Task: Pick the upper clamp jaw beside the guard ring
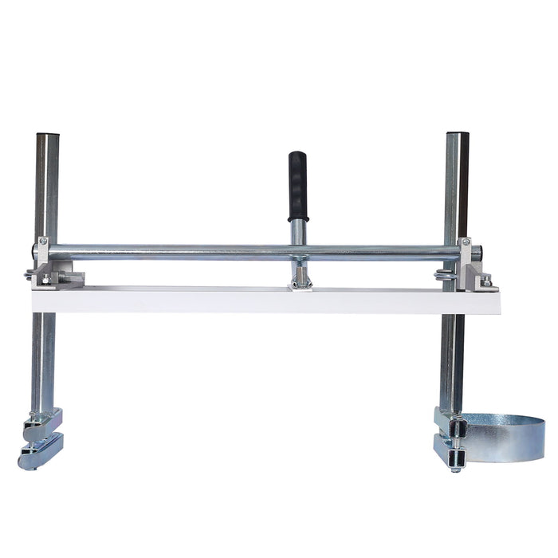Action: pos(450,420)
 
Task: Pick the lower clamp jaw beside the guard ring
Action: pos(450,450)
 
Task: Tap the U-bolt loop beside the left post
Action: pos(29,276)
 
